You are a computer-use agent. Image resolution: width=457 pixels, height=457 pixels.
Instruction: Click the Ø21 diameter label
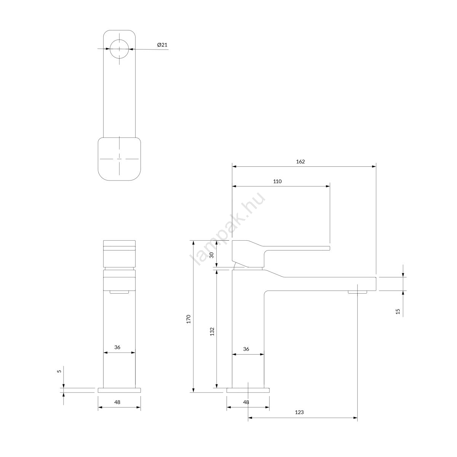coord(162,45)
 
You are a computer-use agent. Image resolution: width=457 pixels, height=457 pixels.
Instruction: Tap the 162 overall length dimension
coord(300,161)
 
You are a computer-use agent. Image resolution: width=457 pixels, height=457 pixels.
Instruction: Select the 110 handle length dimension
coord(277,181)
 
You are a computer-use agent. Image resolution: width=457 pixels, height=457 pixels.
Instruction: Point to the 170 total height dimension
coord(189,319)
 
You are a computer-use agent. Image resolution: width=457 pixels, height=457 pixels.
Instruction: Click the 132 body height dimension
coord(212,331)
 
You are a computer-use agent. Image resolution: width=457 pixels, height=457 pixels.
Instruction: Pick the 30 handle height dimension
coord(212,255)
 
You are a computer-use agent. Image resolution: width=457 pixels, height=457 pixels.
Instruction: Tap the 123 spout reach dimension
coord(299,419)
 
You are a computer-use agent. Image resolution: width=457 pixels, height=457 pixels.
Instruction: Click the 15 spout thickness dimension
coord(398,311)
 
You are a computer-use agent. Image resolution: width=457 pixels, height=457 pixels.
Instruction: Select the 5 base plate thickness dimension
coord(59,371)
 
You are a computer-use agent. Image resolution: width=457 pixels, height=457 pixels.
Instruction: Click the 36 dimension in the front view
coord(117,347)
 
